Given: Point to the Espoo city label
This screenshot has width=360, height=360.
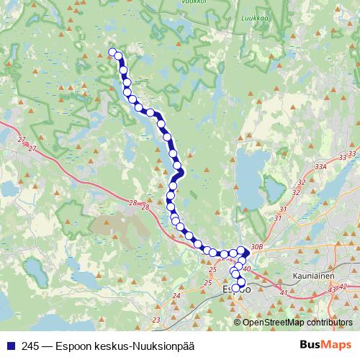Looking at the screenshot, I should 235,289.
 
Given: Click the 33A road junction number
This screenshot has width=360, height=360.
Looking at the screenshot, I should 321,166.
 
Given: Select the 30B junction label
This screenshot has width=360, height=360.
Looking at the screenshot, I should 258,248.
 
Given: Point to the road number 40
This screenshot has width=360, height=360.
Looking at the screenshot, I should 246,269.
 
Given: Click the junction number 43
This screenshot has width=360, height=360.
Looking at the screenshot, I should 332,289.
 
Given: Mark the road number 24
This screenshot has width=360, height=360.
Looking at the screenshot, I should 176,296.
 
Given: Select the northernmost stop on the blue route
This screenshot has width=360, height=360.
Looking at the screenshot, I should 112,52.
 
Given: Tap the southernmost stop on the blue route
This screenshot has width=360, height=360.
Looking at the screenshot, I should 235,288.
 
